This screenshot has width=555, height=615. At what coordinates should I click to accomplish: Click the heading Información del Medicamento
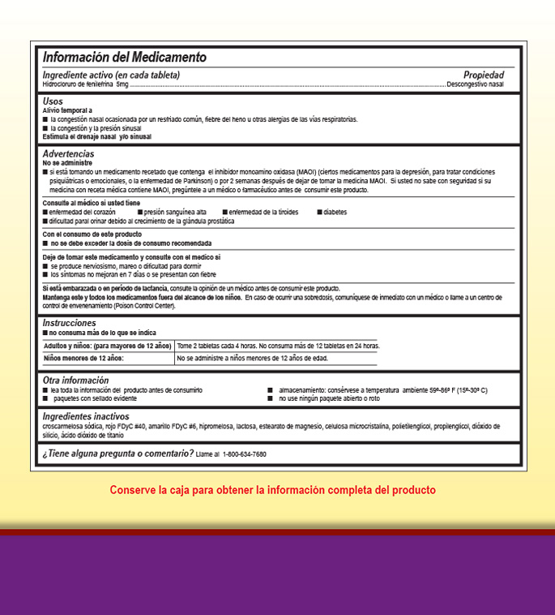point(124,58)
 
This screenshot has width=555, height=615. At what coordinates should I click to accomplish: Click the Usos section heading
point(53,101)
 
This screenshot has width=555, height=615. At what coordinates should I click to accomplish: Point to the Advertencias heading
point(68,154)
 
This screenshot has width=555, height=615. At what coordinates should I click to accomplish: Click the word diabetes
point(335,212)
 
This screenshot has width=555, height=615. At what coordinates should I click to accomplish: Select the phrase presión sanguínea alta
point(174,212)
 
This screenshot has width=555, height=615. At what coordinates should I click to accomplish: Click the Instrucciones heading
point(69,323)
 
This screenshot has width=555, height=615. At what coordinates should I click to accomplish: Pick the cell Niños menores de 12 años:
point(83,358)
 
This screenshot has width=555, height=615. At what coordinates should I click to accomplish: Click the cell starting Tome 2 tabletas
point(278,346)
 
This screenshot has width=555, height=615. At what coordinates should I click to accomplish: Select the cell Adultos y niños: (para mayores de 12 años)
point(107,346)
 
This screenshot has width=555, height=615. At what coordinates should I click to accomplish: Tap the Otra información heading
point(75,381)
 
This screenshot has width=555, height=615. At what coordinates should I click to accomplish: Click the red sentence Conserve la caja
point(273,490)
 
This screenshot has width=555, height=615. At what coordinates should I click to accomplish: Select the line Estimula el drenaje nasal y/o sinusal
point(96,136)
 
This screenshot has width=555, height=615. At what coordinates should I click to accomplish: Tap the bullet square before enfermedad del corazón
point(45,212)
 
